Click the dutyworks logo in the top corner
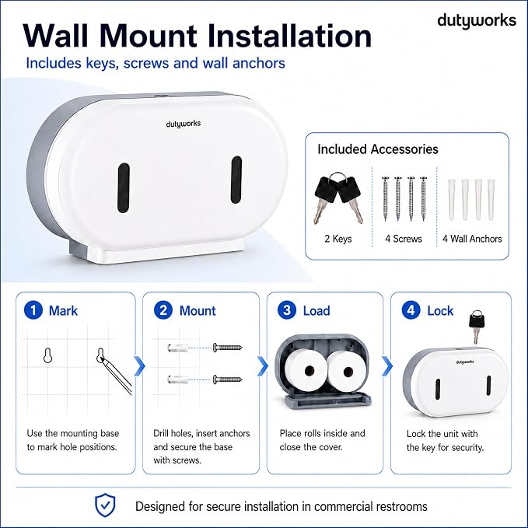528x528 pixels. [477, 21]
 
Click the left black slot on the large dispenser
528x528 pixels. [123, 187]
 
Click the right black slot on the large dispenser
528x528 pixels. [236, 180]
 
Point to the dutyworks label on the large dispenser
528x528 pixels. [184, 124]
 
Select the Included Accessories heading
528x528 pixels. [378, 149]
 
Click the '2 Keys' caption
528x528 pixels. [338, 239]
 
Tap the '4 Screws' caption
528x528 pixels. [404, 239]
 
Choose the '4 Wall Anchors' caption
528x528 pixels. [472, 239]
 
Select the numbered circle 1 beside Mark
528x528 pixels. [33, 310]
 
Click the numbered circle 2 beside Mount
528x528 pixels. [163, 310]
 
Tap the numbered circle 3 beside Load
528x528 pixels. [287, 310]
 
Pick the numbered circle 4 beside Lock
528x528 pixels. [411, 310]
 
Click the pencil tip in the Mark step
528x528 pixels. [101, 359]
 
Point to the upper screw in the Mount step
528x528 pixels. [227, 347]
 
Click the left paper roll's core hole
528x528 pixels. [309, 371]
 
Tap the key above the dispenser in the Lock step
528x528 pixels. [477, 327]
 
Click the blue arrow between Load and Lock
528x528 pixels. [387, 366]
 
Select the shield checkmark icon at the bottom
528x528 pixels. [105, 505]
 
